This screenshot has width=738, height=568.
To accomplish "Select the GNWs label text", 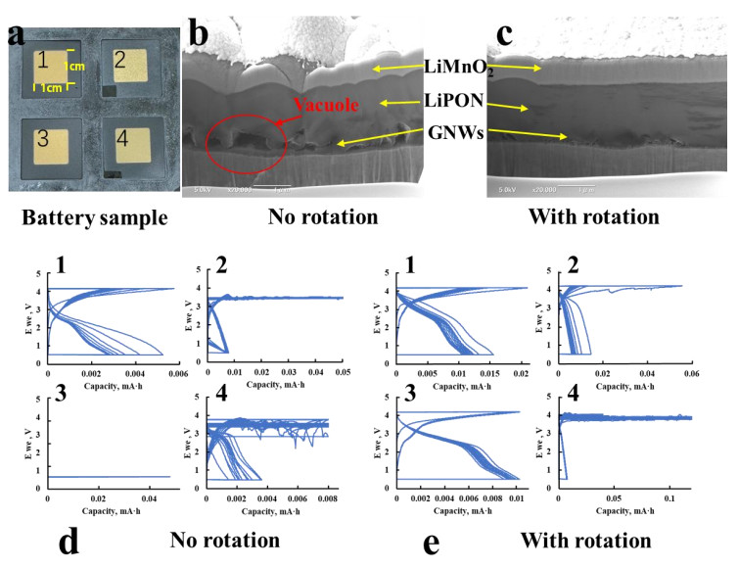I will (x=453, y=132).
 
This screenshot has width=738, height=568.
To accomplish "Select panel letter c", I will (x=505, y=34).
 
